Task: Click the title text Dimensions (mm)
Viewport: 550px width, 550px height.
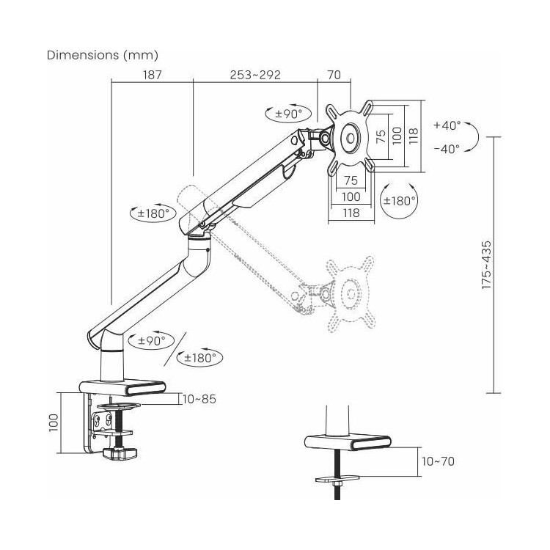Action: tap(103, 56)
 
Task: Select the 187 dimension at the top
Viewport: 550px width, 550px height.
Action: tap(153, 75)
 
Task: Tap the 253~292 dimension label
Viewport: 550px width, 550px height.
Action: tap(255, 75)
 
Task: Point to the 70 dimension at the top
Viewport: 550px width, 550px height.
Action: tap(334, 75)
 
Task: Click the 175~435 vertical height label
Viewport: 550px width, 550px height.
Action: tap(486, 265)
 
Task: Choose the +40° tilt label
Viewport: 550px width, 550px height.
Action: tap(447, 125)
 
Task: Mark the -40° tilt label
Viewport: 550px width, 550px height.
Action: tap(447, 149)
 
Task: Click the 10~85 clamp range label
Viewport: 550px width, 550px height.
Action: tap(199, 399)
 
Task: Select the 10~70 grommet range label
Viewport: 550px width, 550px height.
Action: tap(438, 461)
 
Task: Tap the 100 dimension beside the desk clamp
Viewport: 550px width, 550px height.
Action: tap(54, 422)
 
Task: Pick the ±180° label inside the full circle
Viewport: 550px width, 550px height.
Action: tap(400, 201)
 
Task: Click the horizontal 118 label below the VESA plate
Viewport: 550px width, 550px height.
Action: tap(351, 213)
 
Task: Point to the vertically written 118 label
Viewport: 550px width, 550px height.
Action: tap(414, 136)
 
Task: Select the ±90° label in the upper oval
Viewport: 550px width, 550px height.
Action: tap(288, 114)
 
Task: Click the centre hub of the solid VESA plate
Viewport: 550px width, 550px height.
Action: tap(351, 139)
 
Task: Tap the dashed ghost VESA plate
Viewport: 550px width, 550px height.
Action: tap(350, 293)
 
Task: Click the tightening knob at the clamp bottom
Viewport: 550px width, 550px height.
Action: tap(120, 454)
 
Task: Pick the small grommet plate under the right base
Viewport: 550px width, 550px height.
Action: tap(337, 478)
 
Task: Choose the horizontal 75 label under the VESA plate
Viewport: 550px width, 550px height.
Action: tap(351, 180)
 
